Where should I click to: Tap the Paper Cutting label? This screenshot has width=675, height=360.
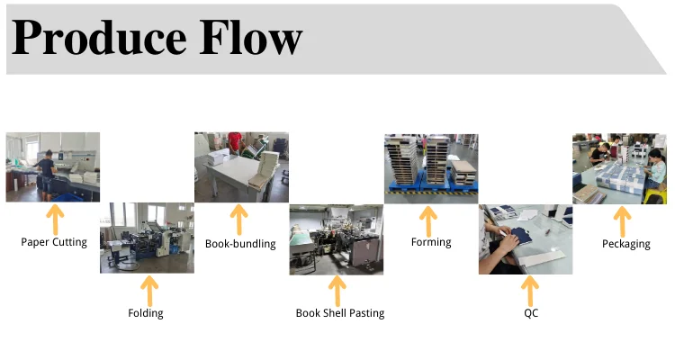[54, 242]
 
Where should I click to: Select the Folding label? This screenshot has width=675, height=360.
[146, 313]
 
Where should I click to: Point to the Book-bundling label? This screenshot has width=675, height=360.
[240, 243]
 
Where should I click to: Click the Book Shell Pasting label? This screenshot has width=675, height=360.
[340, 313]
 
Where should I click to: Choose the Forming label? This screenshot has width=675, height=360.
[431, 242]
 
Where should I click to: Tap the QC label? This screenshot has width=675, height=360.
[530, 313]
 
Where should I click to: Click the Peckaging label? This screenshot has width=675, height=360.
[625, 243]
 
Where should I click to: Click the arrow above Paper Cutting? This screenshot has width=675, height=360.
[55, 219]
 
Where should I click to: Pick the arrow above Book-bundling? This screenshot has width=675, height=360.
[238, 219]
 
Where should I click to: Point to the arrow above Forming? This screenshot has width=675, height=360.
[428, 219]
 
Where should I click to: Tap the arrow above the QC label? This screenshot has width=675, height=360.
[528, 290]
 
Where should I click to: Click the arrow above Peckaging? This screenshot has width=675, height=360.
[622, 219]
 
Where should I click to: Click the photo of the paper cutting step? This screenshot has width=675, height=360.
[52, 167]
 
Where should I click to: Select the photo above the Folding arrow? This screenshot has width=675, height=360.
[147, 238]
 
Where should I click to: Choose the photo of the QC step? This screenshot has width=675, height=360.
[526, 238]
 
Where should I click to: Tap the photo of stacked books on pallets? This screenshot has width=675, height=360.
[431, 167]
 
